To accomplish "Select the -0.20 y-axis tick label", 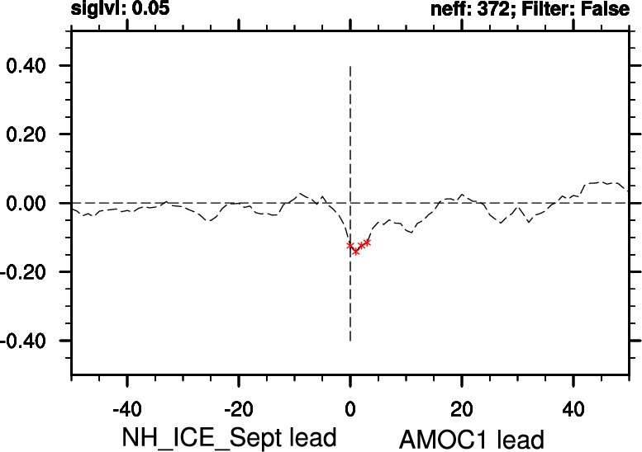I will point(29,272).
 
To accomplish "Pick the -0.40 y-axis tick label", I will point(29,341).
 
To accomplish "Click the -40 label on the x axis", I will point(126,407).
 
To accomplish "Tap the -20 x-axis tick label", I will point(238,407).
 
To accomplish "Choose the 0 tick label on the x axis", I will point(350,407).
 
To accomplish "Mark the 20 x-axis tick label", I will point(462,407).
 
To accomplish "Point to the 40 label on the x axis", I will point(573,407).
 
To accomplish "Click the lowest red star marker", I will point(356,251).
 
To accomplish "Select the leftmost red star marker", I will point(350,245).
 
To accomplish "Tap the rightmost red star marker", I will point(367,242).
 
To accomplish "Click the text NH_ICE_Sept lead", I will point(229,436).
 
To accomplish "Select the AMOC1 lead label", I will point(471,438).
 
